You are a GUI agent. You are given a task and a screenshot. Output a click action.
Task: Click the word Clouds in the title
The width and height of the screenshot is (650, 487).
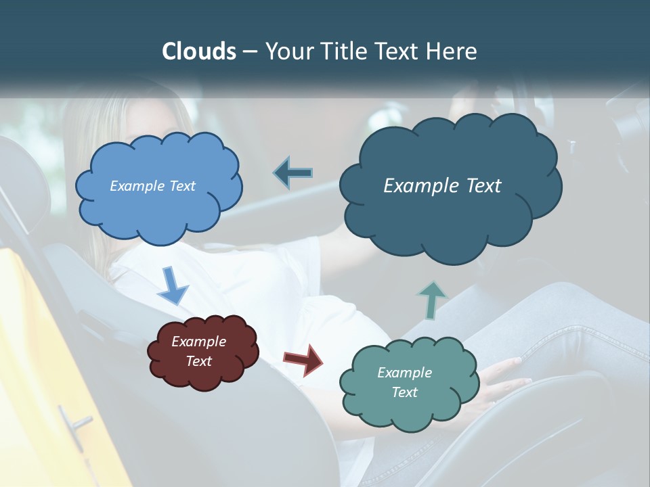point(198,51)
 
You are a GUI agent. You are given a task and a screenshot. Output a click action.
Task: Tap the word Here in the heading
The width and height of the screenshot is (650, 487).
point(453,51)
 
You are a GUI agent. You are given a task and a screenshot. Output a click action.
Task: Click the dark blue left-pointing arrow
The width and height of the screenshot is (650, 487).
point(293,173)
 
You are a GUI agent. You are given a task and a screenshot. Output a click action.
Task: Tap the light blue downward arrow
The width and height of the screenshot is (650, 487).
point(173,285)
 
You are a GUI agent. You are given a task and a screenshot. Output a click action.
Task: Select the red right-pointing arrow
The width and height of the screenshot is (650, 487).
point(303,358)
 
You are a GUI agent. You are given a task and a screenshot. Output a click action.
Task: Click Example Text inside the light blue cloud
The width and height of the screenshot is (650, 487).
point(152,186)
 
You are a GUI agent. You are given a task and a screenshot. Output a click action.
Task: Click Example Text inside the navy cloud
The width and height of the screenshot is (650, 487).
point(442,186)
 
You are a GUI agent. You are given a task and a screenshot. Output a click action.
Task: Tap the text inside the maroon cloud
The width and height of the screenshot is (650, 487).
point(198,352)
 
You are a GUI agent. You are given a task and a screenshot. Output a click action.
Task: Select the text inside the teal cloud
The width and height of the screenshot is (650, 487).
point(404,382)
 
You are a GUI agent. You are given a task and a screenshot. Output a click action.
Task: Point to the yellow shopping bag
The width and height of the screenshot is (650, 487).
point(41,352)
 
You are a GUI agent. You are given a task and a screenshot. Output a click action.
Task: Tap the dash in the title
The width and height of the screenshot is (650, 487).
point(250,51)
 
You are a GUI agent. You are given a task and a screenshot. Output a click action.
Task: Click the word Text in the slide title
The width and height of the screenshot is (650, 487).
point(399,51)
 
